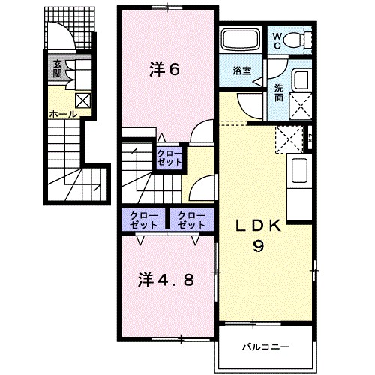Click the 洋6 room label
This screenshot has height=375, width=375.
pos(164,70)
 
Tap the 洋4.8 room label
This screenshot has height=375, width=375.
pos(166,280)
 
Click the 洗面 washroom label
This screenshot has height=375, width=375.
pos(277,92)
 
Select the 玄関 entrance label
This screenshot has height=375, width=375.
pos(57,70)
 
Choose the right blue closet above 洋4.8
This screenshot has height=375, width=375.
pos(190,220)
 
